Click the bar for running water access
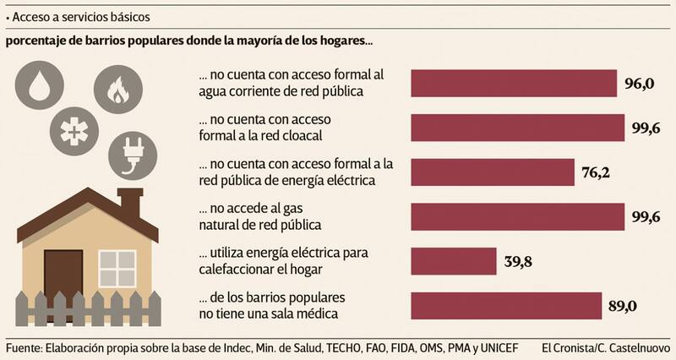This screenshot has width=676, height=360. pyautogui.click(x=514, y=83)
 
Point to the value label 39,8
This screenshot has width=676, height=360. pyautogui.click(x=517, y=262)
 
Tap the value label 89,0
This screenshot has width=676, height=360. pyautogui.click(x=623, y=306)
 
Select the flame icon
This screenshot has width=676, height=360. pyautogui.click(x=112, y=87)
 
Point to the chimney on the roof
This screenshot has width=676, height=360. pyautogui.click(x=131, y=202)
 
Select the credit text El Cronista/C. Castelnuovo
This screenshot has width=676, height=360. pyautogui.click(x=605, y=347)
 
